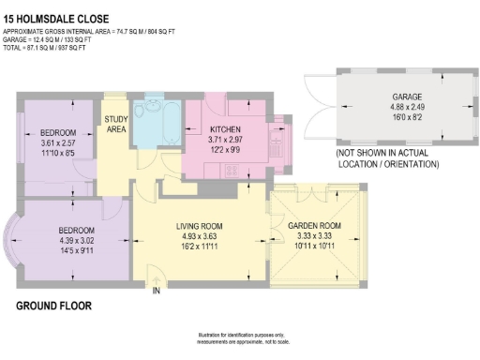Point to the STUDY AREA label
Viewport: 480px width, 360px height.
click(x=116, y=123)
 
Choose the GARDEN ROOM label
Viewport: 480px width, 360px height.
click(x=313, y=226)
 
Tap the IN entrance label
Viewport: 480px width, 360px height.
click(x=157, y=292)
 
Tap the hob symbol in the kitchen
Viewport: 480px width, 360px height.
click(x=231, y=170)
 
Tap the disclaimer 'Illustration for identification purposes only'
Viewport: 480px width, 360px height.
click(x=241, y=336)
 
